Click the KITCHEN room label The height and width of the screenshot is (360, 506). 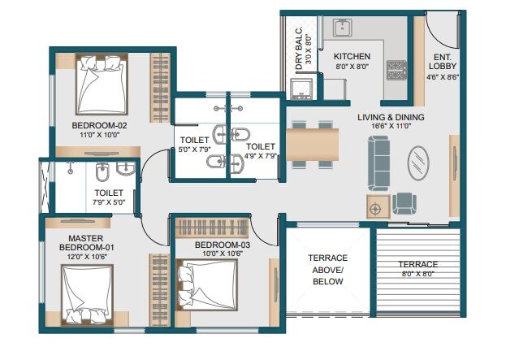pyautogui.click(x=352, y=57)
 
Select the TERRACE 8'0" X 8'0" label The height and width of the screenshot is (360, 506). pyautogui.click(x=417, y=269)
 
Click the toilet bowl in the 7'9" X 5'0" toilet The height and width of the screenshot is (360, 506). pyautogui.click(x=101, y=174)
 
